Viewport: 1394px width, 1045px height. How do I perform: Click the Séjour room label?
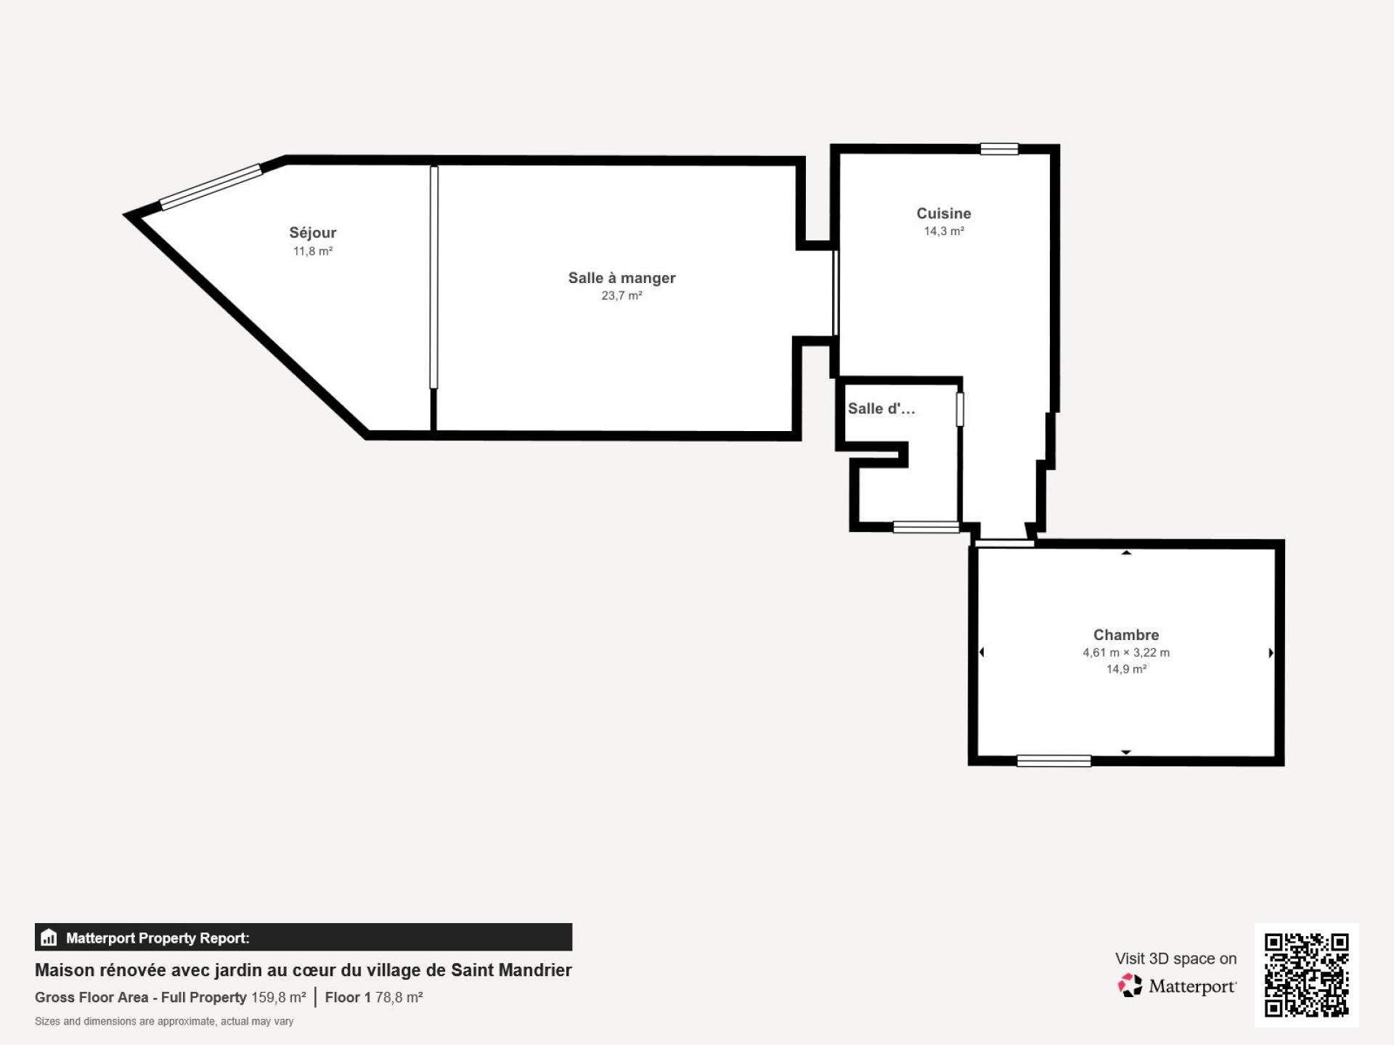tap(313, 233)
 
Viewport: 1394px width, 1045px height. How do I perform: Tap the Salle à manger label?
tap(621, 278)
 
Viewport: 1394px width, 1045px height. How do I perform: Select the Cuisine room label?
tap(944, 213)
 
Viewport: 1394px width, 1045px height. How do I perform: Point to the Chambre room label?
tap(1126, 635)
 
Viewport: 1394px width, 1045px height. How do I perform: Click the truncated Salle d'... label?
tap(881, 409)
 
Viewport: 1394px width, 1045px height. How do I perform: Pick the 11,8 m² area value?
tap(313, 251)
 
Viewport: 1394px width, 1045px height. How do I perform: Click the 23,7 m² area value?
tap(621, 295)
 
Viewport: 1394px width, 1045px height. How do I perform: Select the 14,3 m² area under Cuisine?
tap(944, 231)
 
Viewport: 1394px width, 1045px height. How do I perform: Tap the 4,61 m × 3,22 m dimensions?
tap(1126, 652)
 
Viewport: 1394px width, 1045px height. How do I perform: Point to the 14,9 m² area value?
tap(1126, 669)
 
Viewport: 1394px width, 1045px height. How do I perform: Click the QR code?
tap(1307, 975)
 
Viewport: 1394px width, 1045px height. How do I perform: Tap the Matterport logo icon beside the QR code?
tap(1130, 985)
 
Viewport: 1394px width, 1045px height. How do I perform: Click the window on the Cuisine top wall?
tap(999, 149)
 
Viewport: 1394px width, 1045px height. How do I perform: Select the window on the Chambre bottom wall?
tap(1053, 761)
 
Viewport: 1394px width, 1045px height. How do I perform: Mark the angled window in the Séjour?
tap(211, 187)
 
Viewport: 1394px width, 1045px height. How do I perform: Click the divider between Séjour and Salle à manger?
tap(434, 277)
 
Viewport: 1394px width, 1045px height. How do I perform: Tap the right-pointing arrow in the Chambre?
tap(1271, 653)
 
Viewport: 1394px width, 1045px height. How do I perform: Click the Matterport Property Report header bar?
tap(303, 938)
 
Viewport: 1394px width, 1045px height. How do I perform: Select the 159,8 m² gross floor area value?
tap(279, 998)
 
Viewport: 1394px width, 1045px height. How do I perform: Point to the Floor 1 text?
tap(348, 998)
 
